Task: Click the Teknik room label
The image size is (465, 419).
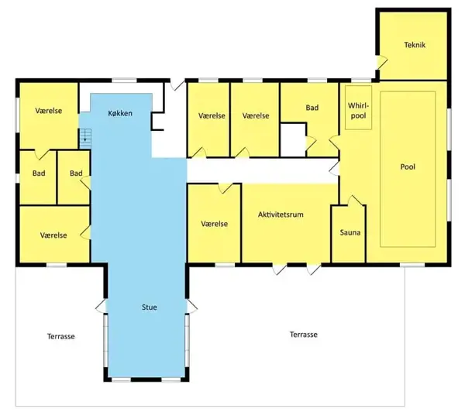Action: pyautogui.click(x=415, y=45)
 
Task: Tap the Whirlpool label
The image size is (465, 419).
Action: pyautogui.click(x=358, y=111)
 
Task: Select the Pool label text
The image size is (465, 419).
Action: pyautogui.click(x=408, y=167)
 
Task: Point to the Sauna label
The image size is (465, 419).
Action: pyautogui.click(x=350, y=232)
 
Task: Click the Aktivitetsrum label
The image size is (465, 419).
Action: pyautogui.click(x=281, y=215)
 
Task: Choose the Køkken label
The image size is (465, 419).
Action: pyautogui.click(x=120, y=113)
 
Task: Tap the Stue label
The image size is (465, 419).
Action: pyautogui.click(x=149, y=307)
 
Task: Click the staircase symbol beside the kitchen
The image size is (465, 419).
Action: pyautogui.click(x=85, y=138)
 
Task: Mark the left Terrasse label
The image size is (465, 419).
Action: pyautogui.click(x=60, y=336)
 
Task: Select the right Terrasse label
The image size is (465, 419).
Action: pyautogui.click(x=304, y=335)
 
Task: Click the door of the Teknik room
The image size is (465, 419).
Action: pyautogui.click(x=382, y=63)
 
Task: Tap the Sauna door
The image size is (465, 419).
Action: pyautogui.click(x=355, y=201)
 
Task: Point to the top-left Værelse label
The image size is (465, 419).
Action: pyautogui.click(x=49, y=111)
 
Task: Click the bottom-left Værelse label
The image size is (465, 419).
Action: pyautogui.click(x=53, y=235)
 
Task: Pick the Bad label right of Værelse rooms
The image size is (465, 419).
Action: pyautogui.click(x=312, y=108)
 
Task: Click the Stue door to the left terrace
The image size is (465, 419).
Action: pyautogui.click(x=101, y=305)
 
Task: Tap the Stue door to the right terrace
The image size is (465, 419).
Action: pyautogui.click(x=192, y=305)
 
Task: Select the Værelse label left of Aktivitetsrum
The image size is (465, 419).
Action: pyautogui.click(x=215, y=224)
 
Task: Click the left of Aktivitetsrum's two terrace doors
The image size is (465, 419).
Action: pyautogui.click(x=280, y=269)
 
